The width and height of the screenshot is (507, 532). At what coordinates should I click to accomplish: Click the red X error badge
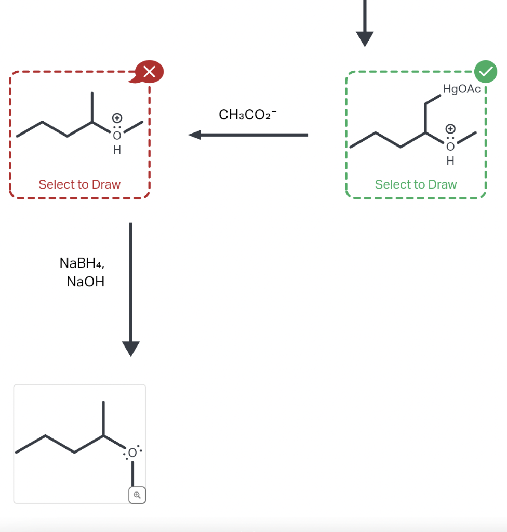pos(149,72)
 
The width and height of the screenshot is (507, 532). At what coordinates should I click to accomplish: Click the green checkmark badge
pos(485,72)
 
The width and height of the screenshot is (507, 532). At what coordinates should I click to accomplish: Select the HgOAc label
pos(462,89)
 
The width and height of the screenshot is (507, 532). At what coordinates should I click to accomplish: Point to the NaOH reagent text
pos(86,282)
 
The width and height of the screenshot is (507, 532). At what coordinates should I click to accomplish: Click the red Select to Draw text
pos(79,184)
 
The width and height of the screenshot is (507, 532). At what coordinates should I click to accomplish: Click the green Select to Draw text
pos(416,184)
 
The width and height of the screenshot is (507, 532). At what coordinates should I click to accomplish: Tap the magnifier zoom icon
pos(137,495)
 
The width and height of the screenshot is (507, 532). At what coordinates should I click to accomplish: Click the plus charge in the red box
pos(117,117)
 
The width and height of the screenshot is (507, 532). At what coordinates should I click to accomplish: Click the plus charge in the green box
pos(450,128)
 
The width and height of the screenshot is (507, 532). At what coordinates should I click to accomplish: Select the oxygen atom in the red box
pos(117,136)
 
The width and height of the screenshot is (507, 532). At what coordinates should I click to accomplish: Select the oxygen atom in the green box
pos(450,147)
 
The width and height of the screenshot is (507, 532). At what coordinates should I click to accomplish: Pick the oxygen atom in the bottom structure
pos(132,454)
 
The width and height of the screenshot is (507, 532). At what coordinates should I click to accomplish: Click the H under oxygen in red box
pos(117,151)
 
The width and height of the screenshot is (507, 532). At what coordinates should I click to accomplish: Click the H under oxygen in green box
pos(450,162)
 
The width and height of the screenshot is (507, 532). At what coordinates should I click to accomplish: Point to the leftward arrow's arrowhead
pos(194,135)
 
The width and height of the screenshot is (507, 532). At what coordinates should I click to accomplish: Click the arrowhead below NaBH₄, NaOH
pos(131,349)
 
